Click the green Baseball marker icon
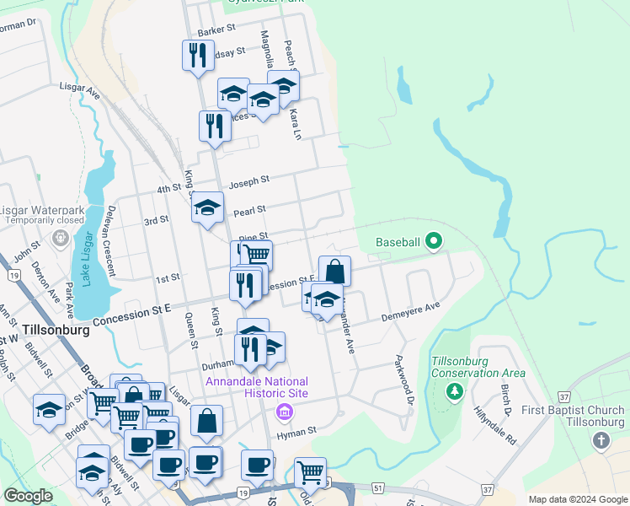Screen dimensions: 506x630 (434, 242)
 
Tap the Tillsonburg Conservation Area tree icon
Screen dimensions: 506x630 (455, 391)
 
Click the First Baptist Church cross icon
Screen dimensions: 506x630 (601, 439)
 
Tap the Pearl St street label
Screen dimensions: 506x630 (249, 209)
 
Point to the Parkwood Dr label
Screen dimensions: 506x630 (403, 384)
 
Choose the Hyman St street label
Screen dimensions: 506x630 (296, 430)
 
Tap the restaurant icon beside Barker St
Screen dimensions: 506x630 (197, 56)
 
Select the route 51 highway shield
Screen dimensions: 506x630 (379, 487)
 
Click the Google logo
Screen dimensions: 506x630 (28, 496)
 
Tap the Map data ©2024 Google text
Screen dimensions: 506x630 (577, 499)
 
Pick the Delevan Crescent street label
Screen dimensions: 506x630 (109, 241)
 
